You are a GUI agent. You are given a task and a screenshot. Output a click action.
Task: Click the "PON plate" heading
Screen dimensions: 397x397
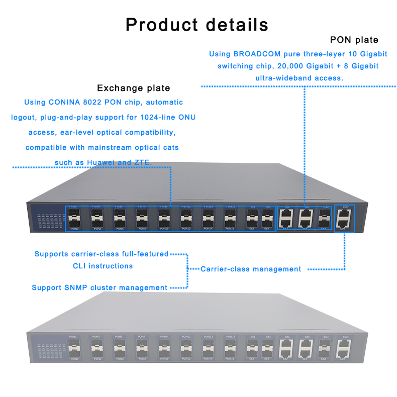354,40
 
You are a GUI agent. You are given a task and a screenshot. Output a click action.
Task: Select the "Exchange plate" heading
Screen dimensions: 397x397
133,88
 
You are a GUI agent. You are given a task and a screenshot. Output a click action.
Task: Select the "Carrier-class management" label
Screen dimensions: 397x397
251,269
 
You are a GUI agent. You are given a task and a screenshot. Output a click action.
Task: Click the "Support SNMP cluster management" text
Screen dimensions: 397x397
100,287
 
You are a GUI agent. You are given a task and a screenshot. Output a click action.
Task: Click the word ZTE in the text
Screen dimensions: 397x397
142,162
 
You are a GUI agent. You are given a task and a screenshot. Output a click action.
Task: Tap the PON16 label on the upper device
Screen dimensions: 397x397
230,229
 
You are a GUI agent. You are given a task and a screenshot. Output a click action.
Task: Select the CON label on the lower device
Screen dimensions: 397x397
345,337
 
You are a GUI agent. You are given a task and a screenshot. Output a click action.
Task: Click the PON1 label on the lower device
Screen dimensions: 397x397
73,336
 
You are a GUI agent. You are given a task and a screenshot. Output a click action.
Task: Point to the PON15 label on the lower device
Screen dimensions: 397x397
230,336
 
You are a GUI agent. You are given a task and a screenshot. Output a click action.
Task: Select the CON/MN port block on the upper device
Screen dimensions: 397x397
345,218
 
